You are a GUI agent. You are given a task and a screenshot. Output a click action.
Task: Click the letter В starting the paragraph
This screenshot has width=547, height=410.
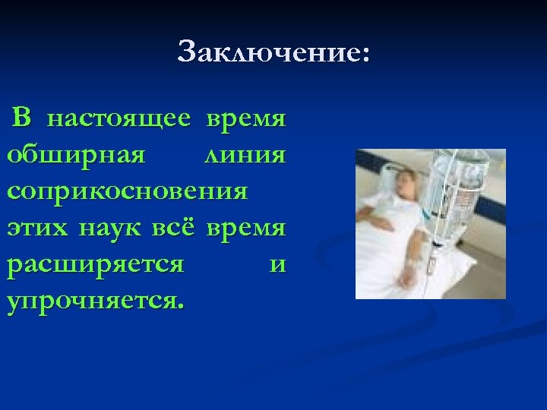(24, 118)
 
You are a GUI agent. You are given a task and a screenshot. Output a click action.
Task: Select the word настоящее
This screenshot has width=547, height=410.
(119, 119)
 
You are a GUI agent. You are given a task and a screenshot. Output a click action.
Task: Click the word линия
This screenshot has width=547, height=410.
(245, 156)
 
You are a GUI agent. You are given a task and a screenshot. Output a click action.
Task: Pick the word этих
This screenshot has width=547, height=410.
(36, 227)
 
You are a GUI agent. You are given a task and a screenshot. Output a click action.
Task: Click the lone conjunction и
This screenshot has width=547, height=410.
(277, 264)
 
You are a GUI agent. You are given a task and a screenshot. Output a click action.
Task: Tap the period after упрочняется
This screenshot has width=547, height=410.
(180, 307)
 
